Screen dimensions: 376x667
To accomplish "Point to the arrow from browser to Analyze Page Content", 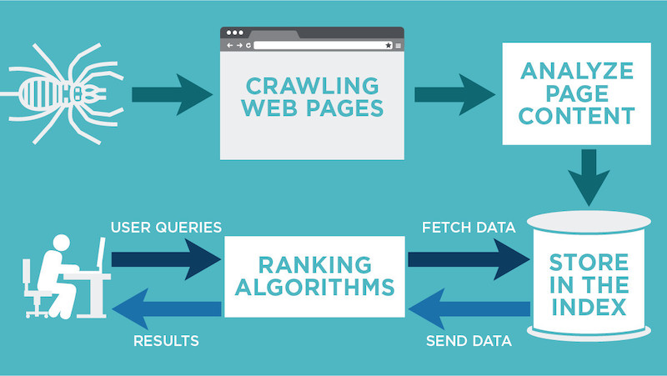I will pos(451,92).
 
